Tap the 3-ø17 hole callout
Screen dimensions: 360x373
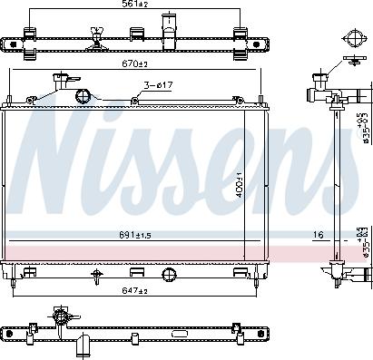(157, 86)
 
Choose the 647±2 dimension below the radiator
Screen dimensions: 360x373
(133, 291)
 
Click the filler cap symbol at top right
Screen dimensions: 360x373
(350, 39)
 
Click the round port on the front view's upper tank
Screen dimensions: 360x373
(83, 97)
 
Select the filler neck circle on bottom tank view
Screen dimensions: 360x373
(61, 318)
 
